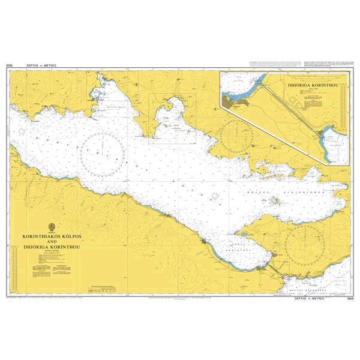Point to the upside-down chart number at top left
click(x=8, y=65)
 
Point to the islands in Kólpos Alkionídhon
click(x=277, y=201)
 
